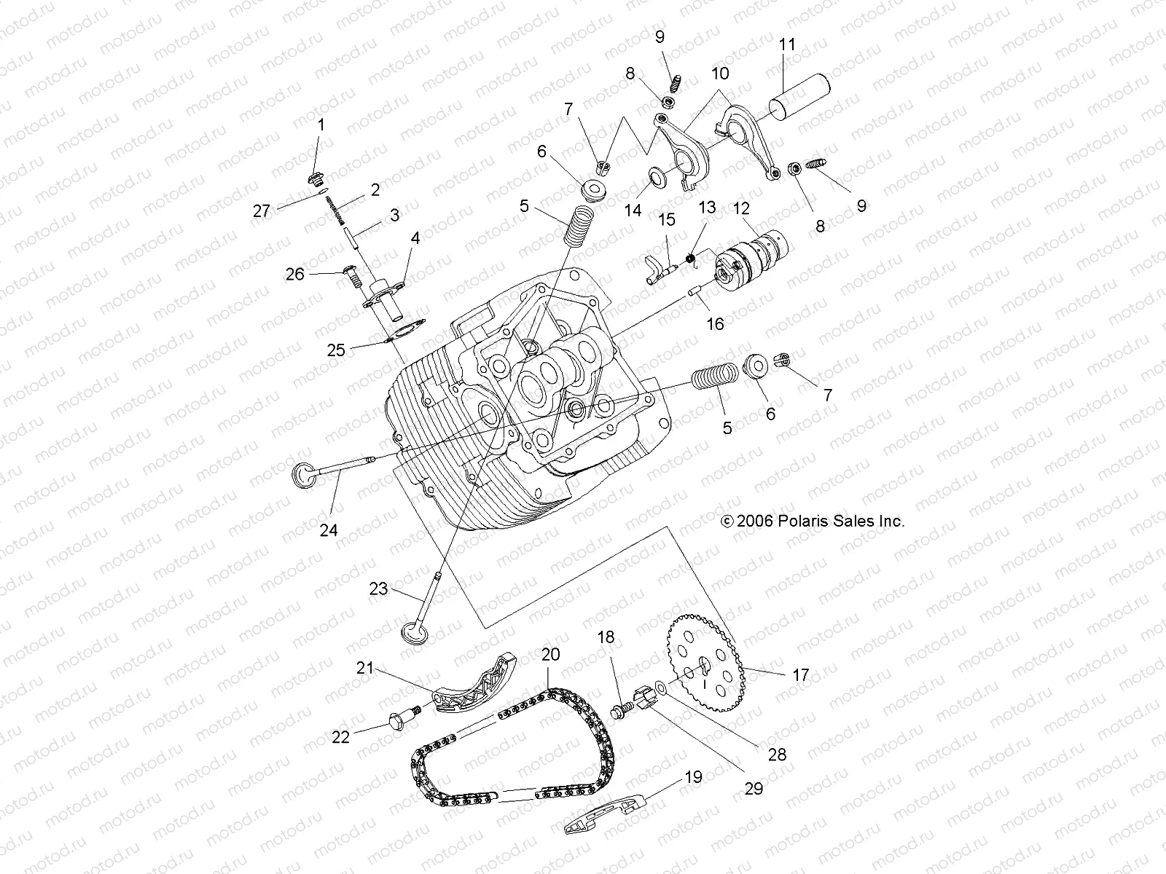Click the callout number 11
(x=786, y=44)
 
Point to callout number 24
(x=329, y=530)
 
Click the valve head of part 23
(x=414, y=631)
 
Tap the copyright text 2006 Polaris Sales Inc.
(x=813, y=521)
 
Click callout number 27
(x=261, y=211)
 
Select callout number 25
(x=336, y=350)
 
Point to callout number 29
(x=754, y=788)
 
